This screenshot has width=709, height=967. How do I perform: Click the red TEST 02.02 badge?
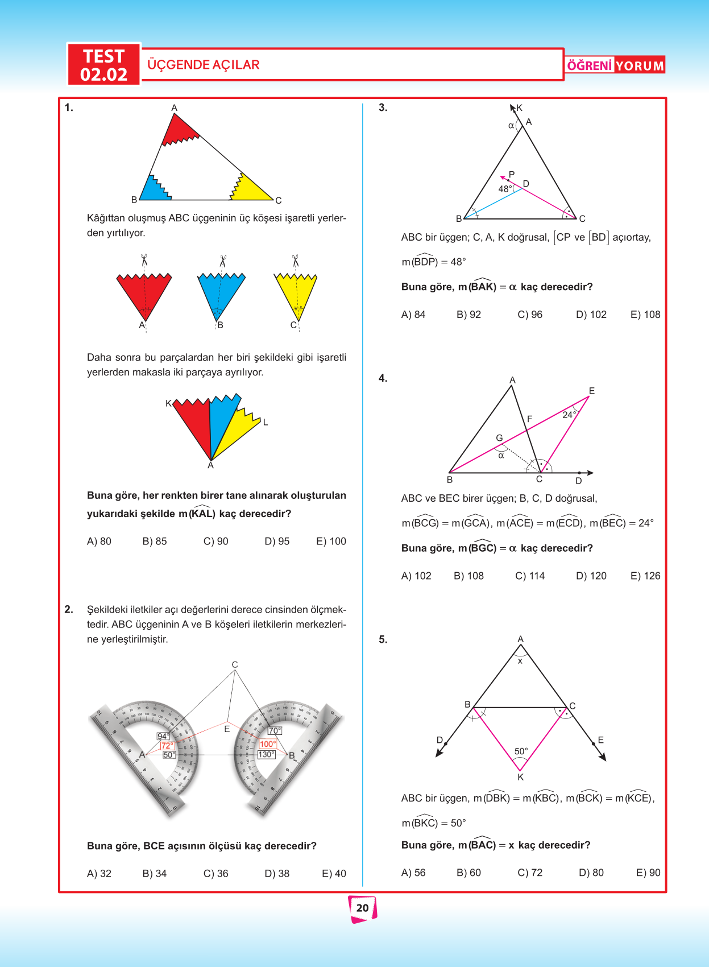(x=103, y=65)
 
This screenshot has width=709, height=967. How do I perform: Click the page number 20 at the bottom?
(x=362, y=908)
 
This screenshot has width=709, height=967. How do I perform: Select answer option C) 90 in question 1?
(x=215, y=541)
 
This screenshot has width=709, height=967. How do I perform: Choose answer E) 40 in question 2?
(x=334, y=873)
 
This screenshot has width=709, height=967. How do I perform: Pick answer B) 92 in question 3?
(x=468, y=314)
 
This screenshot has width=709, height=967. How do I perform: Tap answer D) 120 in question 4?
(x=591, y=576)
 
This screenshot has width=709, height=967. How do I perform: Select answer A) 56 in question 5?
(x=413, y=872)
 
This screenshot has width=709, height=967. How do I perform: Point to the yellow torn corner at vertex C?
(x=250, y=188)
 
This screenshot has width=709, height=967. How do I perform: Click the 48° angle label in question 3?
(x=505, y=189)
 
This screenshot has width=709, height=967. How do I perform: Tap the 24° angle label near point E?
(x=569, y=415)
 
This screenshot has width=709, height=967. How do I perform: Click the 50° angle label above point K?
(x=521, y=751)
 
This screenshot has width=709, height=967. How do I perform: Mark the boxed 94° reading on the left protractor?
(x=163, y=736)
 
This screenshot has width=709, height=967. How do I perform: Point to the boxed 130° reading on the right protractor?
(x=266, y=754)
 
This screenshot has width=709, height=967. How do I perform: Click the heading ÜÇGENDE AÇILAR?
(x=203, y=65)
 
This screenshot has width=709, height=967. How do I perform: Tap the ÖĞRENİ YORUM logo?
(x=615, y=65)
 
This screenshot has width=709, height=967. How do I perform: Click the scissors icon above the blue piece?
(x=222, y=261)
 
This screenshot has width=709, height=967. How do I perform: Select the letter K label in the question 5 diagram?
(x=520, y=777)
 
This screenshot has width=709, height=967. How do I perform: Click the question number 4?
(x=383, y=378)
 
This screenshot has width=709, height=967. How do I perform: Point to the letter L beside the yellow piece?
(x=265, y=422)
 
